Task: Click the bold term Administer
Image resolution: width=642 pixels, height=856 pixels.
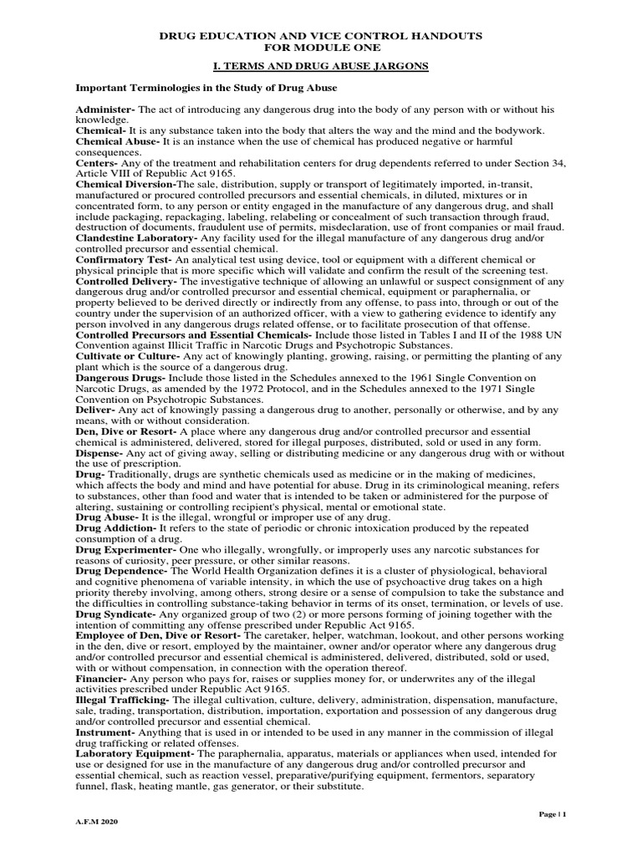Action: pyautogui.click(x=104, y=110)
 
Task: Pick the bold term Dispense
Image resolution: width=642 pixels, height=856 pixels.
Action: pyautogui.click(x=99, y=452)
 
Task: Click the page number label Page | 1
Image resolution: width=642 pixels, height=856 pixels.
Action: pyautogui.click(x=551, y=813)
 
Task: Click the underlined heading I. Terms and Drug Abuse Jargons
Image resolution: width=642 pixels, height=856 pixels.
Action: pyautogui.click(x=320, y=65)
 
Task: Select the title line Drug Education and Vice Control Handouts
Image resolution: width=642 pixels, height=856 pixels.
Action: pyautogui.click(x=320, y=38)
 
